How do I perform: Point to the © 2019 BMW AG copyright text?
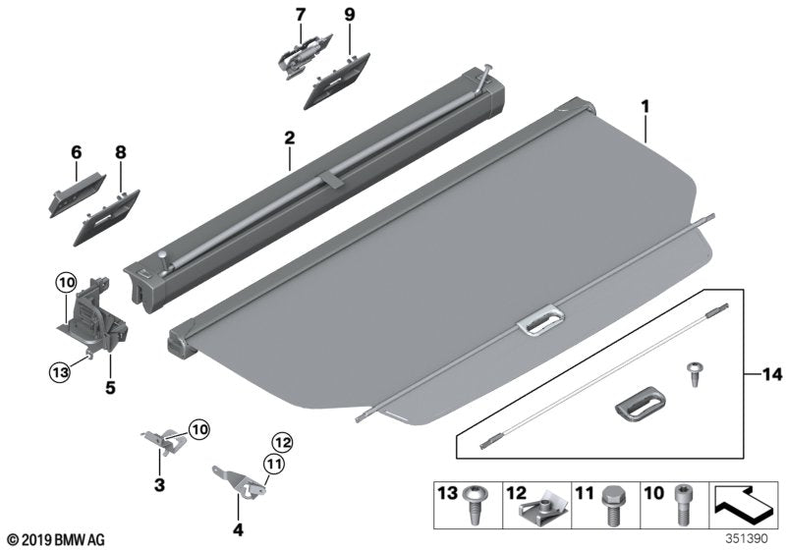[54, 539]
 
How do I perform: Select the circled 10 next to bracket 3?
[198, 428]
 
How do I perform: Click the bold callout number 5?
[110, 388]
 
